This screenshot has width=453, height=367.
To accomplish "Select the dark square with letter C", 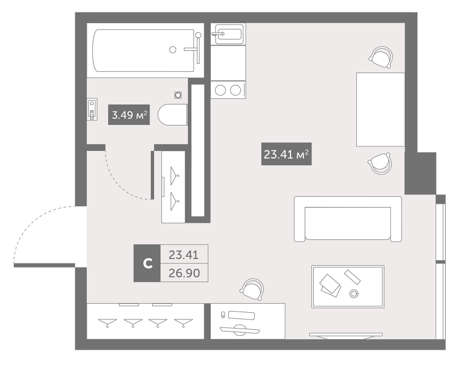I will click(147, 263).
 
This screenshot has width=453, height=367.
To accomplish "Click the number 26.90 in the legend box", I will click(185, 273).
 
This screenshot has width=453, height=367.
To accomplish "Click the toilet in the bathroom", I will click(172, 116).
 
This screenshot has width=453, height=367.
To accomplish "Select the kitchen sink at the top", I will click(228, 34).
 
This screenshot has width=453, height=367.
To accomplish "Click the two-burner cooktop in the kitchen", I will click(228, 90).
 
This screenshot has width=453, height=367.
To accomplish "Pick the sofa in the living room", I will click(348, 219).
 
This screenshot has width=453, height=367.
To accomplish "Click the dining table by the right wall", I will click(380, 109).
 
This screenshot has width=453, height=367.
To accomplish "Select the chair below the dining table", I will click(379, 163).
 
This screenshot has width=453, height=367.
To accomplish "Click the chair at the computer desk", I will click(251, 290).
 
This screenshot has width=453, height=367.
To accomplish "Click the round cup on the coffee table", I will click(355, 293).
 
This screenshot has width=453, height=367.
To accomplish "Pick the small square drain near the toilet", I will click(178, 95).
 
